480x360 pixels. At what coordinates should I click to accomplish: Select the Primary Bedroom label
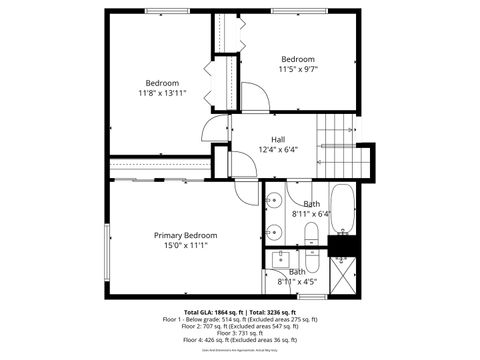coord(185,235)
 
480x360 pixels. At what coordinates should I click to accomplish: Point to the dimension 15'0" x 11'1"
coord(185,246)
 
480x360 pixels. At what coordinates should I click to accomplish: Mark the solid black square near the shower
coord(342,244)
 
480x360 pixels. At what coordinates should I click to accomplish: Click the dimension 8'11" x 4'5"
coord(297,282)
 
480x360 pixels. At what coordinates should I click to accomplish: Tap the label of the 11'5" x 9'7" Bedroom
coord(297,59)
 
